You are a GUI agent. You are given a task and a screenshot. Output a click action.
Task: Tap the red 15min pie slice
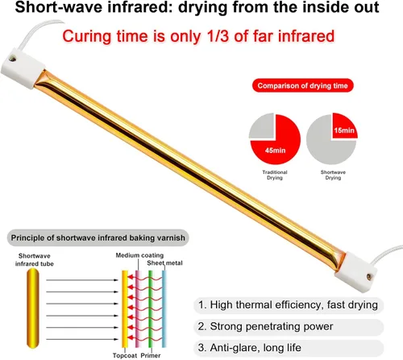point(344,126)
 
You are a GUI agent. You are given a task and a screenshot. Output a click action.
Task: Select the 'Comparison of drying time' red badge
point(303,85)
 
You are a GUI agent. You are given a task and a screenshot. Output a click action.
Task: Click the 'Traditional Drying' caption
point(275,175)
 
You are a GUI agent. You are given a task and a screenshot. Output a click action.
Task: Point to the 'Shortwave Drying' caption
point(333,175)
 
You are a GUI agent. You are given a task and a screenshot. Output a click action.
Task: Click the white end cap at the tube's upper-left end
point(23,68)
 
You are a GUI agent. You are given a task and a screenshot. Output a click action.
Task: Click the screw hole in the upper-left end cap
point(12,58)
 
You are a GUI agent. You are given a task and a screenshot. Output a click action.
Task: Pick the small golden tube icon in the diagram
point(33,308)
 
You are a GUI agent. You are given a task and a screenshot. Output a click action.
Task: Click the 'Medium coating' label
point(139,255)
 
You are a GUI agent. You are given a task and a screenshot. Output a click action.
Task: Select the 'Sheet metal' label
point(164,263)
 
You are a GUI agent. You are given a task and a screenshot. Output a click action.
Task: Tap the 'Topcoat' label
point(125,355)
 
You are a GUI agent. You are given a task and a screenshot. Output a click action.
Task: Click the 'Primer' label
point(151,355)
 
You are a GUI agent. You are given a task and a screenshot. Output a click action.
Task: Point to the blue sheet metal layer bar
point(164,308)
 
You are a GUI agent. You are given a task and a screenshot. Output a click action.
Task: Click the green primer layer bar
point(151,308)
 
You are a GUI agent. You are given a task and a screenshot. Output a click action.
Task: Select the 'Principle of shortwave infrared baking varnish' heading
point(98,238)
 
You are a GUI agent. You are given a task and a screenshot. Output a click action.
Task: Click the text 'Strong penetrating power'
point(272,326)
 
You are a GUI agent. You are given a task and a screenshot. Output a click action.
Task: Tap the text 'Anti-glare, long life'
point(256,348)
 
